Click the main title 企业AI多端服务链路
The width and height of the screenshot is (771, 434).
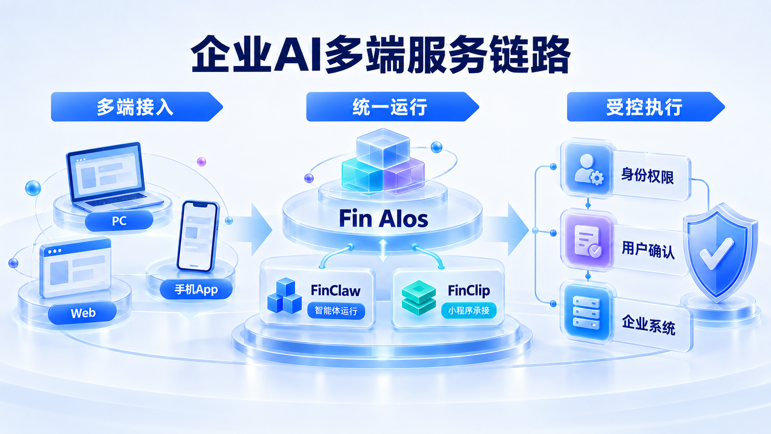[381, 54]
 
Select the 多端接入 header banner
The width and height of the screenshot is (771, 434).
[136, 107]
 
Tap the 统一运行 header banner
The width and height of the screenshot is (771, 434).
[392, 107]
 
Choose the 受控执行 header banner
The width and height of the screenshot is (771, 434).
[646, 107]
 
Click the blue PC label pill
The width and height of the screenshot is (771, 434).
[119, 220]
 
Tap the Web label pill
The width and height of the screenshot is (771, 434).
[83, 313]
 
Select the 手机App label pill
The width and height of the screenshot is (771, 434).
[196, 289]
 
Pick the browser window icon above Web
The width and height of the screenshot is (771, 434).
[75, 267]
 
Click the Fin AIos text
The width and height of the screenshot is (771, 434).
[384, 219]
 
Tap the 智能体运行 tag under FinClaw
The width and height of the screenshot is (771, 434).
[336, 311]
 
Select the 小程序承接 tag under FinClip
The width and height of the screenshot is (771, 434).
[469, 310]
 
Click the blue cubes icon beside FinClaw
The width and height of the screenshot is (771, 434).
[285, 296]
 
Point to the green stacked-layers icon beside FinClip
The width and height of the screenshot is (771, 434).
[419, 297]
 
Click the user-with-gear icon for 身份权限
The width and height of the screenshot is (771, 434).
[588, 169]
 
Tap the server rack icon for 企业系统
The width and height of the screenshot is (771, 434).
[587, 313]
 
